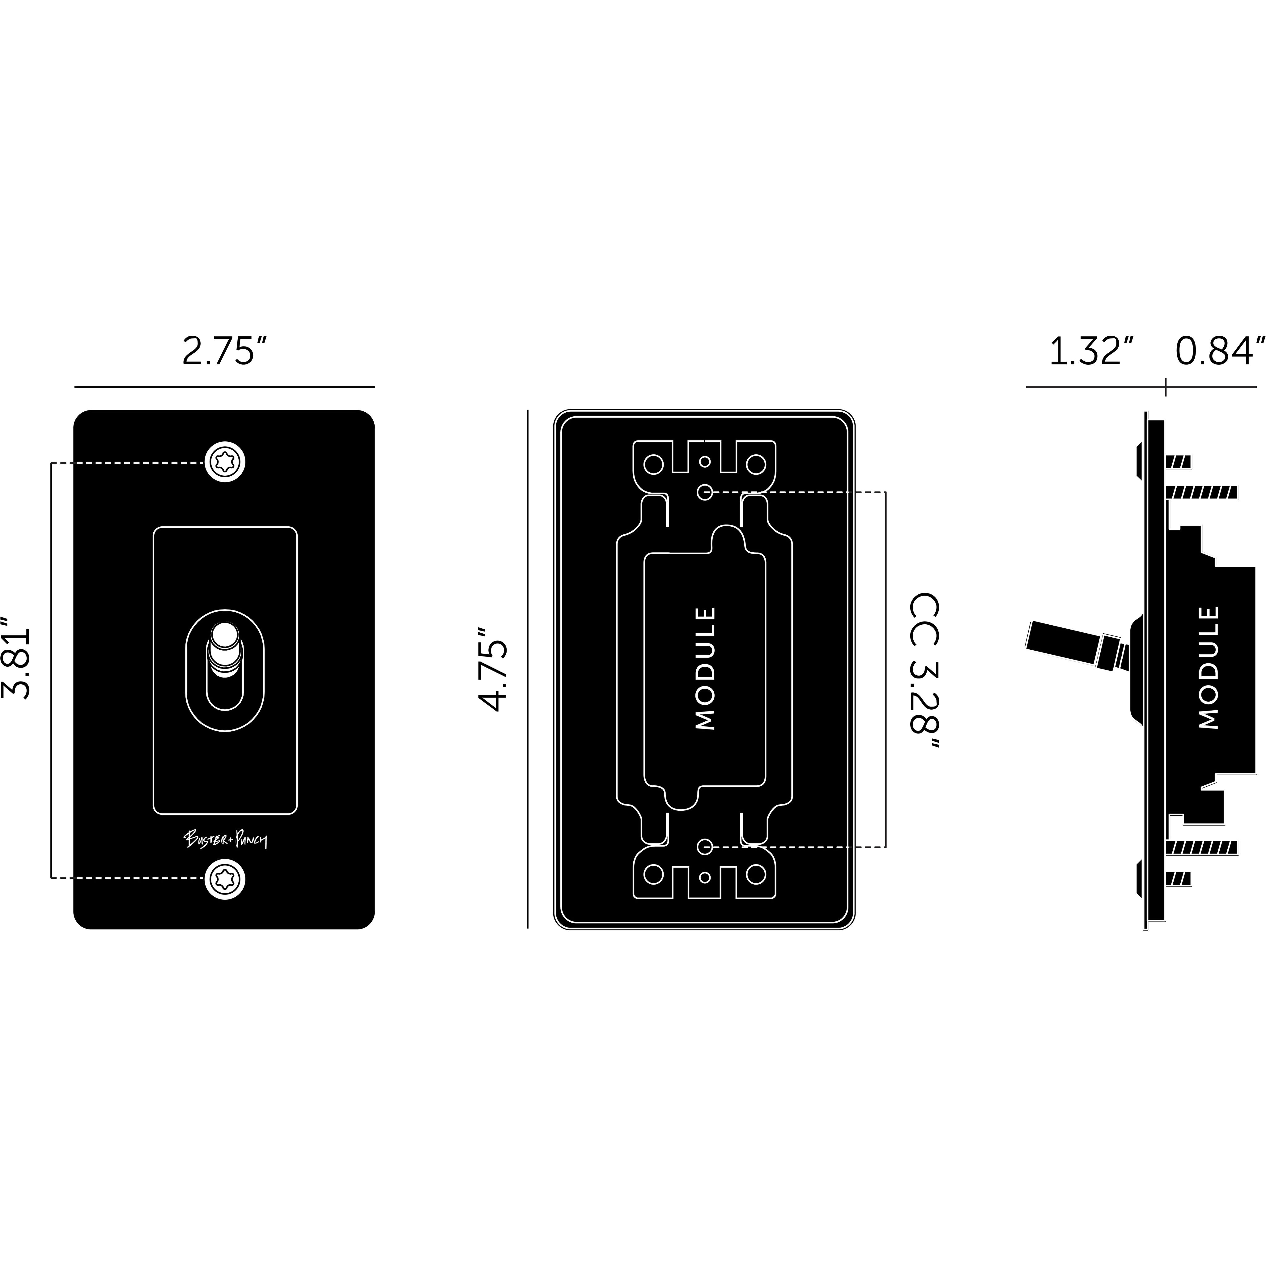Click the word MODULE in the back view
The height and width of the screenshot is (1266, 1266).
704,668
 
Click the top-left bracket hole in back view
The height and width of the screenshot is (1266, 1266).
653,465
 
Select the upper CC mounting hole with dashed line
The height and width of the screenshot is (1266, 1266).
704,491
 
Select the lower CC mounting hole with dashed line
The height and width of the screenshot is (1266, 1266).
704,847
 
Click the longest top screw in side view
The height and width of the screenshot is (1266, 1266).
1202,491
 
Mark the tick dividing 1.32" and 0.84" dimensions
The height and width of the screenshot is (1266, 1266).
1166,387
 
